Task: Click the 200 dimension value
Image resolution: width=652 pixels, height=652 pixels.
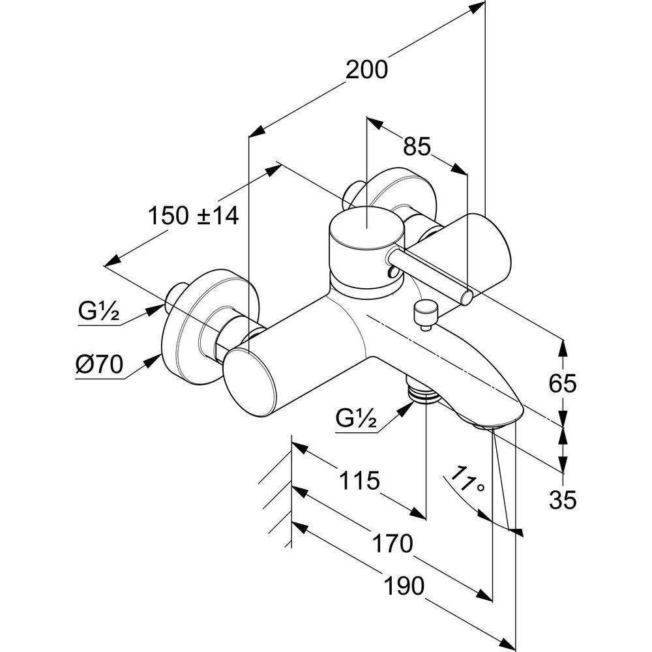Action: [x=366, y=70]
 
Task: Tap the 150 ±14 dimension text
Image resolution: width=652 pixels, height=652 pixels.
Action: [x=194, y=216]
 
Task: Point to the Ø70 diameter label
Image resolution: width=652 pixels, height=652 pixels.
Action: [x=99, y=364]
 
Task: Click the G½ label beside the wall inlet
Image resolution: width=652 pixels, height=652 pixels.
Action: [x=99, y=311]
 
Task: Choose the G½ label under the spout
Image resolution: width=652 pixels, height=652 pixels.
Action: [x=357, y=419]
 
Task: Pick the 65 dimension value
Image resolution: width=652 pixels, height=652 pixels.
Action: [x=562, y=383]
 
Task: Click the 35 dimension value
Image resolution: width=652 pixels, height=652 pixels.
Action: [x=563, y=499]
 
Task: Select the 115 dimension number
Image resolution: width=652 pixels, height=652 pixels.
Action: [x=360, y=481]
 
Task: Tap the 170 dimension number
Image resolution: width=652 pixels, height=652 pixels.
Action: [x=393, y=544]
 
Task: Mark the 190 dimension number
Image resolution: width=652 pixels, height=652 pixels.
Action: [x=404, y=585]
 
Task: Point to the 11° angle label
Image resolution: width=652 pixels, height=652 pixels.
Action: [x=467, y=479]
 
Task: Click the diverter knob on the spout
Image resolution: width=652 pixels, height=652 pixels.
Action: [x=424, y=312]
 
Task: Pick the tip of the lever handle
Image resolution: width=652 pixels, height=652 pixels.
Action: [x=467, y=298]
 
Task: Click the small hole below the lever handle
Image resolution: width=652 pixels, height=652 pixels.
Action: [x=392, y=273]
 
